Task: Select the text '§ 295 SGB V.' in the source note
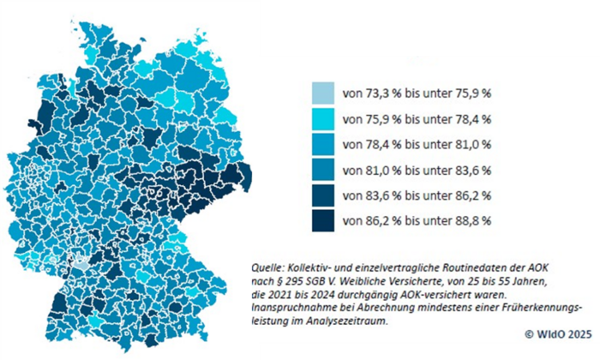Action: (310, 280)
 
